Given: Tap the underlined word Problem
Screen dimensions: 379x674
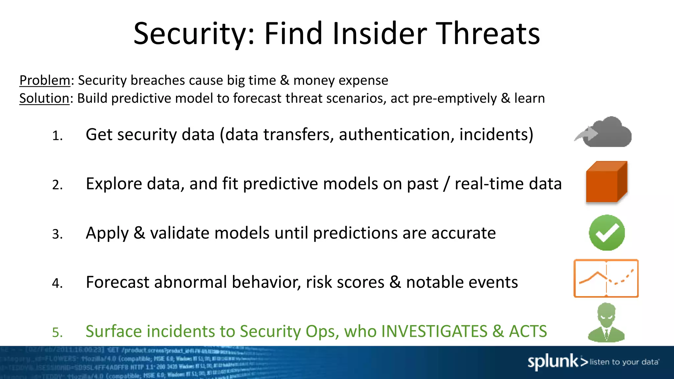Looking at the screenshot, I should pyautogui.click(x=45, y=81).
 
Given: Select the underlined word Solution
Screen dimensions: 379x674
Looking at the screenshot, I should pyautogui.click(x=44, y=98).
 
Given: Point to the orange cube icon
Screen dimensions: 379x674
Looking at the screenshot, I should pyautogui.click(x=607, y=182).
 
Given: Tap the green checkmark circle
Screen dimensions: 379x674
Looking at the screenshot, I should pyautogui.click(x=607, y=233).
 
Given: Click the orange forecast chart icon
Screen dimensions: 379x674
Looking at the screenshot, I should pyautogui.click(x=606, y=278).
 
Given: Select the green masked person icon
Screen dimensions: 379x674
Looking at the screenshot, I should pyautogui.click(x=606, y=323).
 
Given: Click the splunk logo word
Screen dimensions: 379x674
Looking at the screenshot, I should pyautogui.click(x=553, y=362).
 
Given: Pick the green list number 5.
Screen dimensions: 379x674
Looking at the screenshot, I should pyautogui.click(x=57, y=333).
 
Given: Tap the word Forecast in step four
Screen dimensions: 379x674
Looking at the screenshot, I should pyautogui.click(x=117, y=282).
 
